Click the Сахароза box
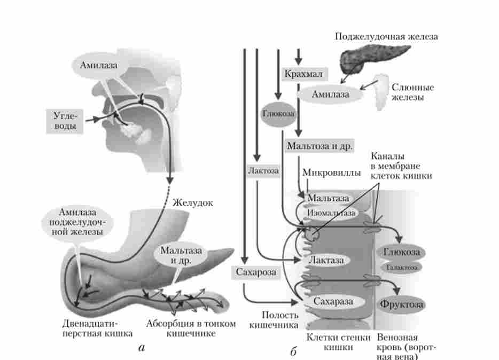click(256, 272)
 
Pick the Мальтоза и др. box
click(320, 145)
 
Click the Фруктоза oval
click(402, 304)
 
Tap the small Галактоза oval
click(401, 267)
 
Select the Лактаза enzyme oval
click(326, 260)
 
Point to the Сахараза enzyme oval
click(333, 301)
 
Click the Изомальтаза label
click(332, 212)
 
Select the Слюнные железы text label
click(413, 92)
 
